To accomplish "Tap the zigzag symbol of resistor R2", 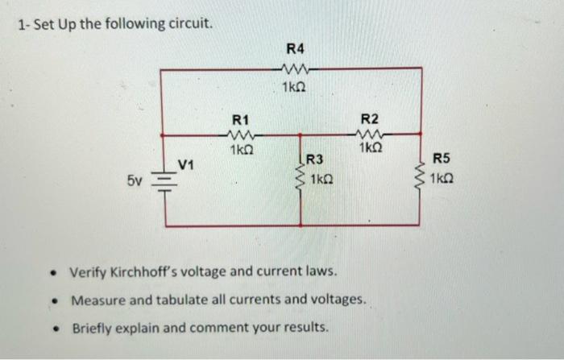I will [x=370, y=134].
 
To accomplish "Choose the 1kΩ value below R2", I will [x=371, y=149].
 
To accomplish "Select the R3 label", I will [x=315, y=161].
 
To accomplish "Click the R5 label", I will [x=444, y=160].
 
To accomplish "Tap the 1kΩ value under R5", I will [x=442, y=178].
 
